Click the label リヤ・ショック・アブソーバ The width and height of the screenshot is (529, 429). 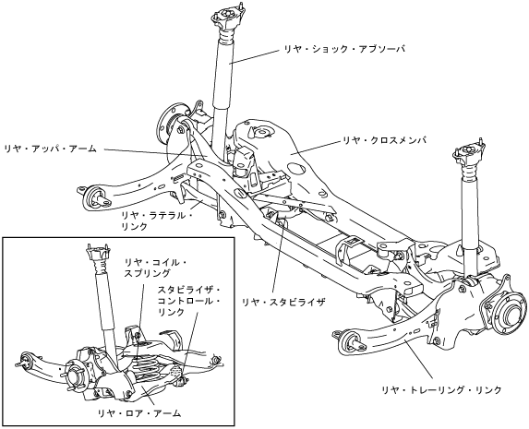(344, 49)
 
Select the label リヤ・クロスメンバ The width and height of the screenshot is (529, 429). (385, 139)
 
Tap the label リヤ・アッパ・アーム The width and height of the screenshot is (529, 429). (51, 149)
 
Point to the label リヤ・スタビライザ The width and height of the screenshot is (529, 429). (283, 302)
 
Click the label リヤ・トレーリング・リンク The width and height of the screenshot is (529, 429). (442, 390)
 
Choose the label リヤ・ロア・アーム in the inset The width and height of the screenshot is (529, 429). (139, 412)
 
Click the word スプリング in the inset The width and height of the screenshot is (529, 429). (147, 273)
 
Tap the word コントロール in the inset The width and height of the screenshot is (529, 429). (186, 301)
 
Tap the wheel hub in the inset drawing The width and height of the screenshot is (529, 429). (75, 377)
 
